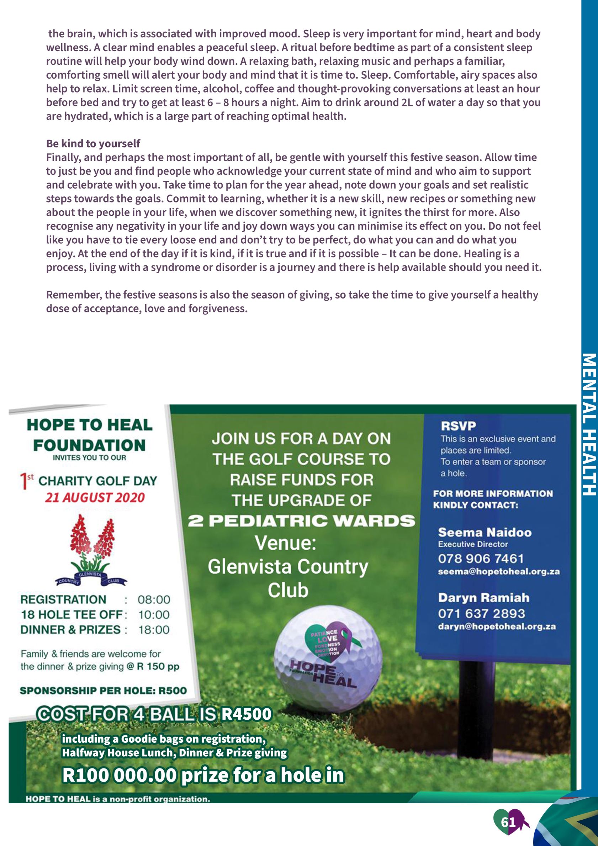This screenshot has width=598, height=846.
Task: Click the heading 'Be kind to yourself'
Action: click(x=93, y=143)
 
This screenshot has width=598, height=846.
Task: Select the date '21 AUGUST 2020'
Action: click(x=95, y=498)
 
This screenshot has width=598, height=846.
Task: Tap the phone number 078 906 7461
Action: click(x=481, y=559)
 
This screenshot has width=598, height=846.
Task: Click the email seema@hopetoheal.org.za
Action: click(x=498, y=572)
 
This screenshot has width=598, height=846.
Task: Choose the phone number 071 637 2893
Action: click(x=481, y=613)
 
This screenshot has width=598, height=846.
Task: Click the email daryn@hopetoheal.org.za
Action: click(x=497, y=626)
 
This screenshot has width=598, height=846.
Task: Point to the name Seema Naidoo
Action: click(x=485, y=533)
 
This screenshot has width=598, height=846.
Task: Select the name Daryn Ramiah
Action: click(x=483, y=598)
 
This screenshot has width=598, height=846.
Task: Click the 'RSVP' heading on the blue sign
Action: click(x=458, y=426)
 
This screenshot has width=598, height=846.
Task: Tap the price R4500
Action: click(x=246, y=714)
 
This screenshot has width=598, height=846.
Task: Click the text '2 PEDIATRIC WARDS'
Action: click(x=301, y=521)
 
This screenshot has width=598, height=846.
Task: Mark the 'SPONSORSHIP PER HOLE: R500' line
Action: click(x=103, y=691)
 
